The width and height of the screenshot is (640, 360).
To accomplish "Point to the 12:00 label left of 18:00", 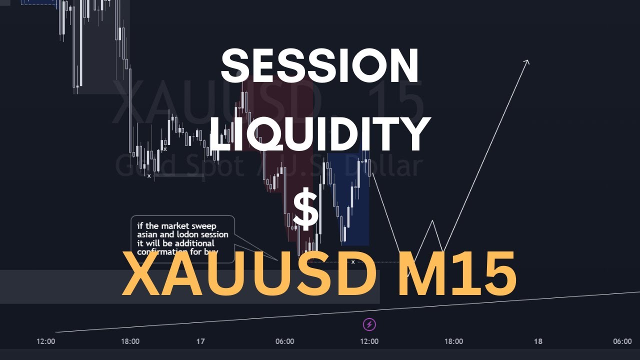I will coord(45,341).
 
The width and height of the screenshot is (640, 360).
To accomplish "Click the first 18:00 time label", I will coord(130,341).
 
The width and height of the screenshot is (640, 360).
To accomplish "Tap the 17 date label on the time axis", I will coord(200,341).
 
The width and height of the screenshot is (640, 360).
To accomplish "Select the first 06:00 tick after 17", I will coord(284,341).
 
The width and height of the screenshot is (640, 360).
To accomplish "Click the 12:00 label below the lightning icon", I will coord(369,341).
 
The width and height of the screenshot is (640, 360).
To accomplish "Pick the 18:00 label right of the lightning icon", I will coord(453,341).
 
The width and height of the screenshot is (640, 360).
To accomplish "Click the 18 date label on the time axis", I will coord(538,341).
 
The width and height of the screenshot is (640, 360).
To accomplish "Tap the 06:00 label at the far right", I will coord(622,341).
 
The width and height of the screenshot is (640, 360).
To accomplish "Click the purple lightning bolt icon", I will coord(369,324).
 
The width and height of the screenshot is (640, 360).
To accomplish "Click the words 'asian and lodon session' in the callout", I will coord(182,234).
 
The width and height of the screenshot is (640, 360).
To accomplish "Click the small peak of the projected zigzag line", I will coord(432,221).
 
